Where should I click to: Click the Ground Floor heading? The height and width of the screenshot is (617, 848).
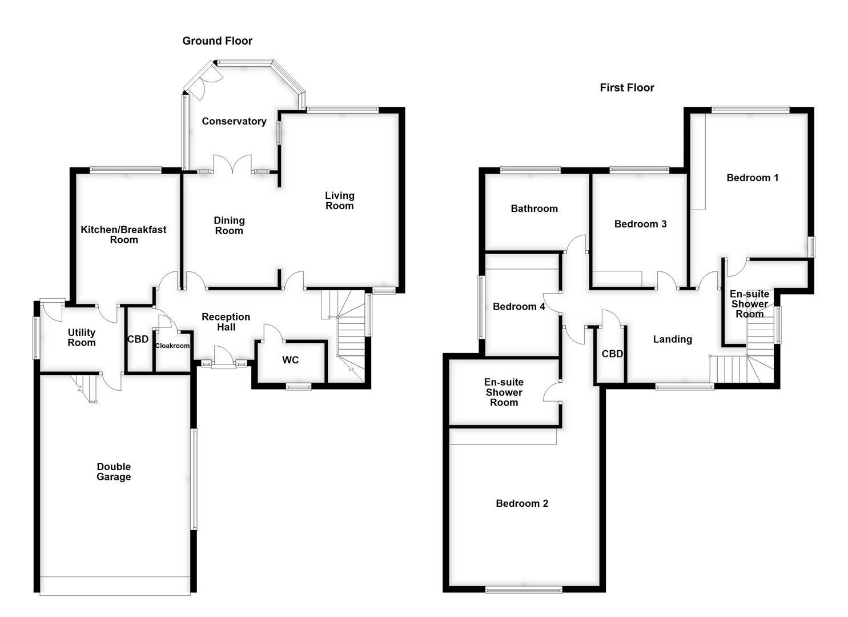[x=217, y=41]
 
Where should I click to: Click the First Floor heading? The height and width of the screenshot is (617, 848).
[x=626, y=87]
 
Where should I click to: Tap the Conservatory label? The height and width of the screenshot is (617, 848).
[x=234, y=121]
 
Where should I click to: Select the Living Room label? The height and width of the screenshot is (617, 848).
[x=339, y=201]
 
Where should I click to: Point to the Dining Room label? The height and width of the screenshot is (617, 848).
[x=228, y=225]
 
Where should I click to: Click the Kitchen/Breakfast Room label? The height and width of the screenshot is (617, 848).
[x=123, y=234]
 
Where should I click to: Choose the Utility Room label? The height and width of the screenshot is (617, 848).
[x=81, y=337]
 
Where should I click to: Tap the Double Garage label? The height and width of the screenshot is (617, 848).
[x=113, y=471]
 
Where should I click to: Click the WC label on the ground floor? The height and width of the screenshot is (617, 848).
[x=290, y=360]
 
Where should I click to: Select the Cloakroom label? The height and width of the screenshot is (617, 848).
[x=172, y=346]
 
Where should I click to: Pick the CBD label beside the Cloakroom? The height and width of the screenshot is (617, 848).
[x=138, y=339]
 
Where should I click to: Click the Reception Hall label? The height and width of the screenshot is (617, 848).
[x=226, y=322]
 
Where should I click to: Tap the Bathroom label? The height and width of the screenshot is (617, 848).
[x=534, y=209]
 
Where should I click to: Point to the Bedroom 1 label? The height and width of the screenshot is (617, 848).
[x=752, y=178]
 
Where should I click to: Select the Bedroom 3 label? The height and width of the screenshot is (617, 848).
[x=640, y=224]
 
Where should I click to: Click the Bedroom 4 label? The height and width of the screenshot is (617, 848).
[x=519, y=307]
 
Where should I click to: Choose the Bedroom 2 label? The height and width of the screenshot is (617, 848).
[x=521, y=503]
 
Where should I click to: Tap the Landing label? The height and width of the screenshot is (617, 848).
[x=672, y=339]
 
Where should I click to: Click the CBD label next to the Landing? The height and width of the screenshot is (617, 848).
[x=612, y=354]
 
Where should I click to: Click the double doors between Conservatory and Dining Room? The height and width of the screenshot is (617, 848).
[x=232, y=164]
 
